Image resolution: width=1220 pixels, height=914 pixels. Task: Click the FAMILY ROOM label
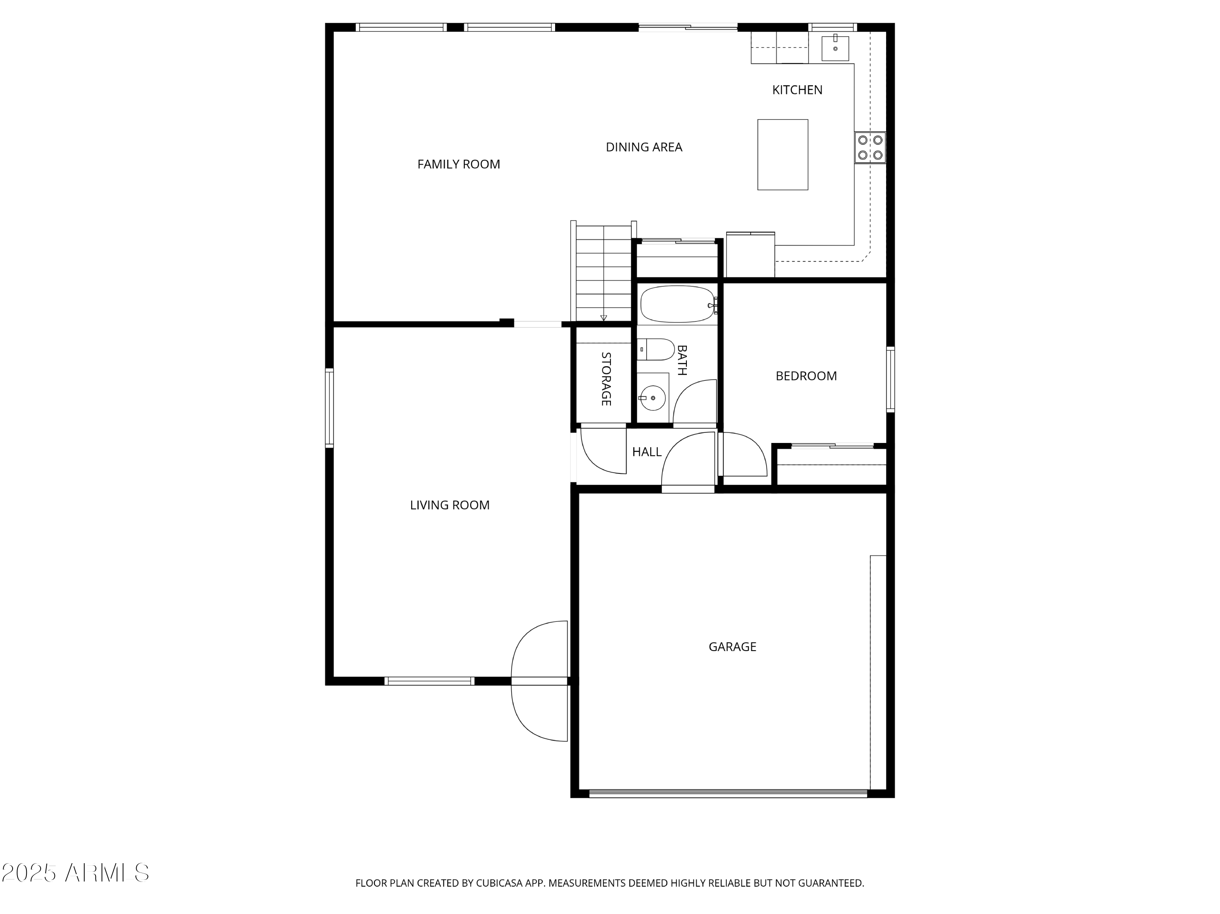458,164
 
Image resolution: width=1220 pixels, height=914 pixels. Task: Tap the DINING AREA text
644,147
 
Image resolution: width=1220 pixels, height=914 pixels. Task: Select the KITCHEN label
797,90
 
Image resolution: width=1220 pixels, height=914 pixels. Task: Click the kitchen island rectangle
782,155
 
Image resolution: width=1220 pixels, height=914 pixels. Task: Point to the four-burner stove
870,148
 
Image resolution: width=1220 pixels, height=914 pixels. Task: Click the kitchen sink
835,48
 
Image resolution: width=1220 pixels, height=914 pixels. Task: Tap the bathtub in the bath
677,304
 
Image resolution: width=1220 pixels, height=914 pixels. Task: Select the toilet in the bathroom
656,350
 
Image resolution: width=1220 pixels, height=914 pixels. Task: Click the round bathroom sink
653,397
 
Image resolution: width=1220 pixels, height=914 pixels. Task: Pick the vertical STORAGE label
606,379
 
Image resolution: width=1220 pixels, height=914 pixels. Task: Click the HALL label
647,452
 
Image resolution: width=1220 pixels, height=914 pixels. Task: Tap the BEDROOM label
806,376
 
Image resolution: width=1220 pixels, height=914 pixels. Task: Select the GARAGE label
732,647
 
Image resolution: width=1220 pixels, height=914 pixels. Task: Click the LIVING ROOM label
449,505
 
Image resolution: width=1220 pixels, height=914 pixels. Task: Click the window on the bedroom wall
890,379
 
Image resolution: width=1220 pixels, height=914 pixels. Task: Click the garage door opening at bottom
728,794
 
